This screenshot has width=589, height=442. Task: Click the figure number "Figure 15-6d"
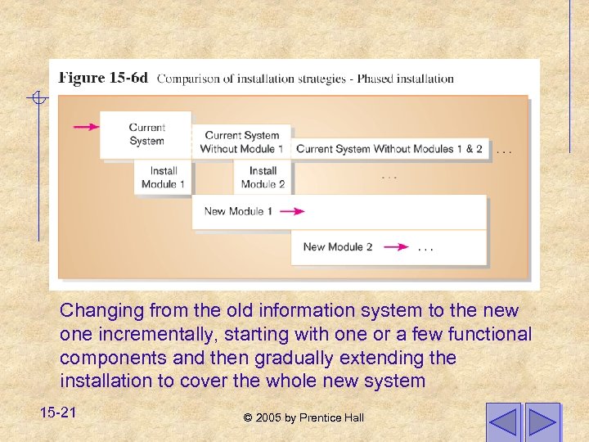tap(103, 79)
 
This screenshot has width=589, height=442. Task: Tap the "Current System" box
tap(146, 134)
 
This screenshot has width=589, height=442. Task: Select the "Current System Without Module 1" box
tap(241, 142)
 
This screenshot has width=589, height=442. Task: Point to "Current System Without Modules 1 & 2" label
tap(389, 149)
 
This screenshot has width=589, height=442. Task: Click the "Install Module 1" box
tap(164, 177)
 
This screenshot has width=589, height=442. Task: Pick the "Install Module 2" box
tap(263, 177)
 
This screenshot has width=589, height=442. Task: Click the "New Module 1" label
tap(239, 211)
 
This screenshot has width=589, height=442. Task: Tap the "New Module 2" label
tap(337, 246)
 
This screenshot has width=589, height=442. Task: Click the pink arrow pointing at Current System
tap(86, 127)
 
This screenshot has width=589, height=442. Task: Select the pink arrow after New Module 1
tap(292, 211)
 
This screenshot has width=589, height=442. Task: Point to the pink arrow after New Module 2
tap(396, 246)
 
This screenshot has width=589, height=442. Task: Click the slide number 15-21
tap(57, 413)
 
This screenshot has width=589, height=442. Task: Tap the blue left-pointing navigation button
tap(502, 421)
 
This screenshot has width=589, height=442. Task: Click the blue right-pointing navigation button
tap(542, 421)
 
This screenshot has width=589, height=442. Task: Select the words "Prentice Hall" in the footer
tap(331, 418)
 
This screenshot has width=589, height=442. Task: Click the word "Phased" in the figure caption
tap(375, 79)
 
